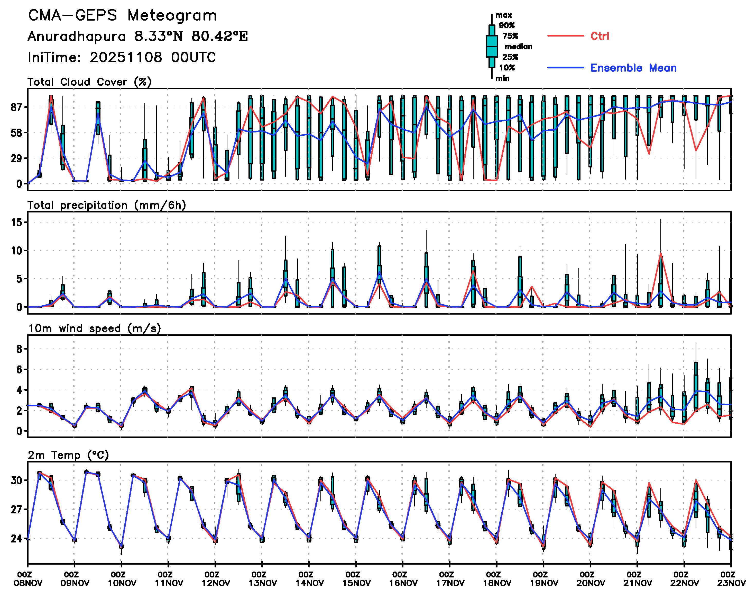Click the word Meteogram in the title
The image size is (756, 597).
click(172, 16)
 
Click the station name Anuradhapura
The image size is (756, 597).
click(77, 36)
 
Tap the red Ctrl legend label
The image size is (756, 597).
click(600, 36)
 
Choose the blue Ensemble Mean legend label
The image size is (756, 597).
click(633, 68)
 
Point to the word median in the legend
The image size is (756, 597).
click(518, 47)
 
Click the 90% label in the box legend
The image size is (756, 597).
click(506, 25)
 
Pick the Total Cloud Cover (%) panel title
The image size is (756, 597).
click(89, 82)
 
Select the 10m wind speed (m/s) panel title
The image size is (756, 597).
click(94, 328)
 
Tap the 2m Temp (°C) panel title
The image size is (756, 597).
click(68, 455)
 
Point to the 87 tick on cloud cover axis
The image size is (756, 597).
click(16, 107)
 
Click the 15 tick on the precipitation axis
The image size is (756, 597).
click(16, 222)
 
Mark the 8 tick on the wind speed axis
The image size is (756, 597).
click(19, 349)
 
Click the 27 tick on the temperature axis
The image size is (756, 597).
click(16, 509)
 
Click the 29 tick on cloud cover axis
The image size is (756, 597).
click(16, 158)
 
